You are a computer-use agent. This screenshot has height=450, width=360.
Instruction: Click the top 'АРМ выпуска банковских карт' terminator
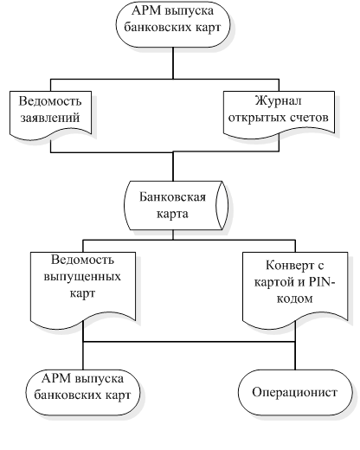click(x=173, y=24)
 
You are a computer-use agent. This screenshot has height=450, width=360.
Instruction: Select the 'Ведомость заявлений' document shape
click(x=51, y=115)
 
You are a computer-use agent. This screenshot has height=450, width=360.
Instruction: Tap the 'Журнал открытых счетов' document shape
click(x=279, y=115)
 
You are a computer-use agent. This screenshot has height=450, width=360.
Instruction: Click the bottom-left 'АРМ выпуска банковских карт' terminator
click(x=83, y=392)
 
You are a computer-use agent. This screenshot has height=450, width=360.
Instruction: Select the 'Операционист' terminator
click(x=295, y=392)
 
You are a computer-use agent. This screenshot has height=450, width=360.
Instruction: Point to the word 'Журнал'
click(x=279, y=100)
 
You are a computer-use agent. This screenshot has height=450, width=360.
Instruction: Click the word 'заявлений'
click(x=50, y=118)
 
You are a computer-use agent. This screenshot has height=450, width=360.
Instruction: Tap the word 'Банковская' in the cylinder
click(x=172, y=197)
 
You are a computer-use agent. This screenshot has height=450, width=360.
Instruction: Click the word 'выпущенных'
click(x=82, y=277)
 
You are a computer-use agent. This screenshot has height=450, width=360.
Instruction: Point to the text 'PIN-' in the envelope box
click(x=322, y=282)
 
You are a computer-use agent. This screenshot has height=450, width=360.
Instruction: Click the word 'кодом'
click(x=295, y=299)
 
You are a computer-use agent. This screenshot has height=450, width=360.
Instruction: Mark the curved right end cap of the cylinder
click(x=222, y=205)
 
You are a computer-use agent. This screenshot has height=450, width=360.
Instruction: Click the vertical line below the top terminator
click(x=173, y=63)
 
